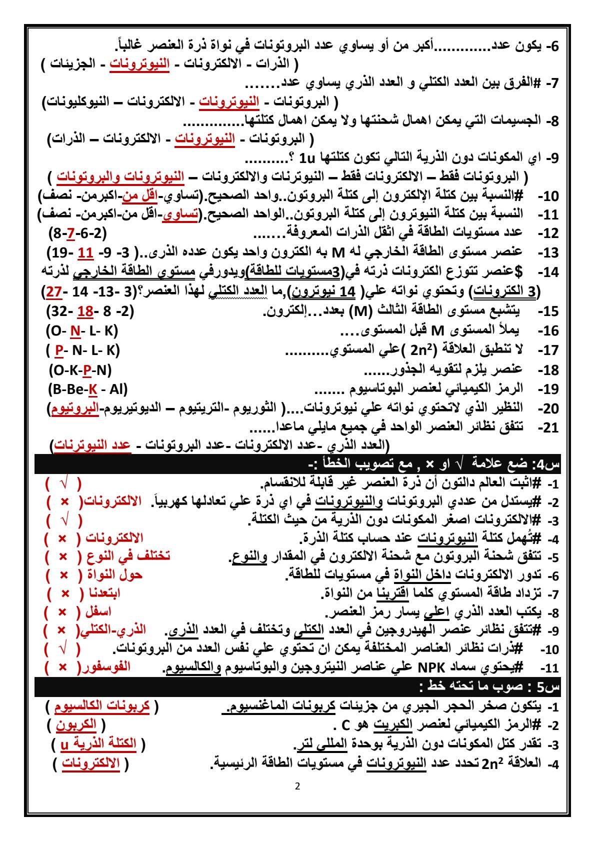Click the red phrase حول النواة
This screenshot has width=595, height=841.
click(118, 575)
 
